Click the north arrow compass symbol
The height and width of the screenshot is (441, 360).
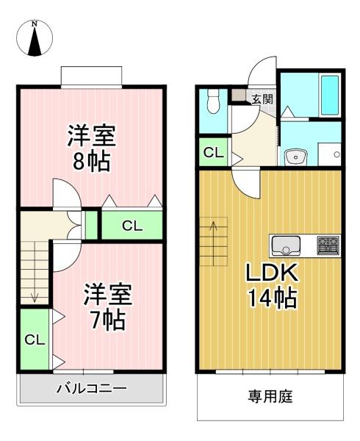coord(35,38)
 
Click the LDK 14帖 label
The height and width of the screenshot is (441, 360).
coord(272,285)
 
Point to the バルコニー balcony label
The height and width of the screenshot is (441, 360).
coord(92,389)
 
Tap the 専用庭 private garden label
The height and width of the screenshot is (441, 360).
coord(270,396)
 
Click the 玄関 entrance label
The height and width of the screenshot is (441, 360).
coord(262,99)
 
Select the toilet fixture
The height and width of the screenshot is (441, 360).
coord(213,101)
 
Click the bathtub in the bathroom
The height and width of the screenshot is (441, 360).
coord(330,95)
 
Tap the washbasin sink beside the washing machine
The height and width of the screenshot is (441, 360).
coord(295,157)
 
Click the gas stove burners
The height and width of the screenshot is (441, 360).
coord(328,245)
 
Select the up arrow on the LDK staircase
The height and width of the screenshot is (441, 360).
coord(214,243)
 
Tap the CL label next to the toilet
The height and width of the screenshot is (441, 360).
coord(214,153)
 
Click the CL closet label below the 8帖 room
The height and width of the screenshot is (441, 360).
coord(132,226)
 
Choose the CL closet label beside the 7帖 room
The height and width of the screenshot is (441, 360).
coord(35,340)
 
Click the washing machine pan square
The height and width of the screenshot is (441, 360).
coord(329,154)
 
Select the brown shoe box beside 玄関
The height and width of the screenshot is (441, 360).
coord(238,95)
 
